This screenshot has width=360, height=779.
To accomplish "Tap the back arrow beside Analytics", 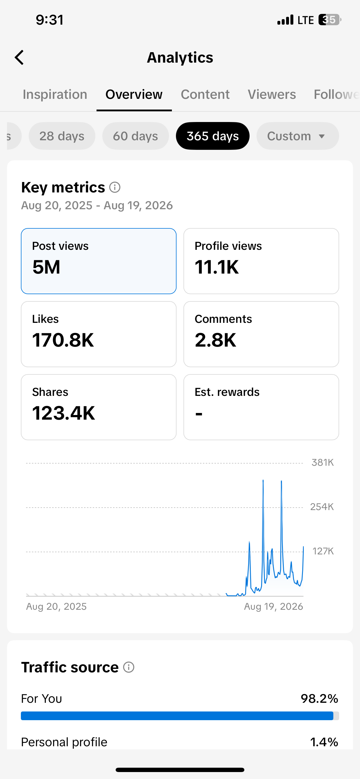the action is tap(19, 57).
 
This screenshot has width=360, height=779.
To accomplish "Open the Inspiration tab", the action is tap(55, 94).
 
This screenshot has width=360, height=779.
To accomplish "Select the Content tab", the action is tap(205, 94).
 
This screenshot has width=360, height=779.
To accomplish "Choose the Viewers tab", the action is tap(272, 94).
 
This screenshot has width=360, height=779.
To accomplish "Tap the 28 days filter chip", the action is tap(62, 136).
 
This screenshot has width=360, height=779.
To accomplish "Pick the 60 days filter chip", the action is tap(136, 136).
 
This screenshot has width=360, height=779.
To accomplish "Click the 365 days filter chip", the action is tap(213, 136).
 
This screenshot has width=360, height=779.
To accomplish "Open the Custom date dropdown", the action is tap(298, 136).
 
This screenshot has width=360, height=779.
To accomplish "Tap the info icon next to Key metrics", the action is tap(115, 188).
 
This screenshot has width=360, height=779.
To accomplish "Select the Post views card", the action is tap(99, 261).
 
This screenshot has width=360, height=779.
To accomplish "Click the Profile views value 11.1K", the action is tap(217, 267).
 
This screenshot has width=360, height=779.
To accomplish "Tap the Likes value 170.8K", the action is tap(63, 340).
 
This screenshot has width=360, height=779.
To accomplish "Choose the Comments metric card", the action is tap(261, 334).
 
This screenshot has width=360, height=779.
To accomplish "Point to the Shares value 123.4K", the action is tap(63, 413).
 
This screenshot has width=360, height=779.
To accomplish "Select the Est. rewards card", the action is tap(261, 407).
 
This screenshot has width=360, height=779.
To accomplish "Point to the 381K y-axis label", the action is tap(323, 463).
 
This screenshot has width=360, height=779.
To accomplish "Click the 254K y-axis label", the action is tap(322, 507).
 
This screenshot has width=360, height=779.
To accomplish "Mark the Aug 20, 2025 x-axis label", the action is tap(56, 607).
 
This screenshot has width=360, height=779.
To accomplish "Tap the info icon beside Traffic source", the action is tap(129, 667).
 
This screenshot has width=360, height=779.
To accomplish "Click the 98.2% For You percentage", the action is tap(319, 698).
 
